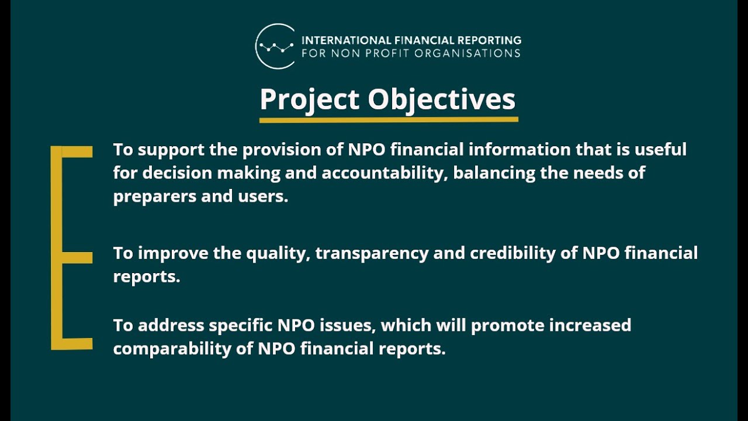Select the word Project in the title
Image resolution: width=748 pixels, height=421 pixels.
click(x=309, y=99)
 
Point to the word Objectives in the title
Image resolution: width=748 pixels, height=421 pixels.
click(x=441, y=99)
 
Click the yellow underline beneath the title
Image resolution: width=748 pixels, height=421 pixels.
click(x=389, y=120)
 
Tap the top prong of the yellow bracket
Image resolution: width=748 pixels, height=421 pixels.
click(x=76, y=152)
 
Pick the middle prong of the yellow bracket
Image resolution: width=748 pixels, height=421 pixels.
click(x=76, y=258)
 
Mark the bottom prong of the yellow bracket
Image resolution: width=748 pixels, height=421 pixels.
click(x=76, y=344)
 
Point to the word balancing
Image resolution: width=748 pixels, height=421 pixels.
click(x=491, y=174)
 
